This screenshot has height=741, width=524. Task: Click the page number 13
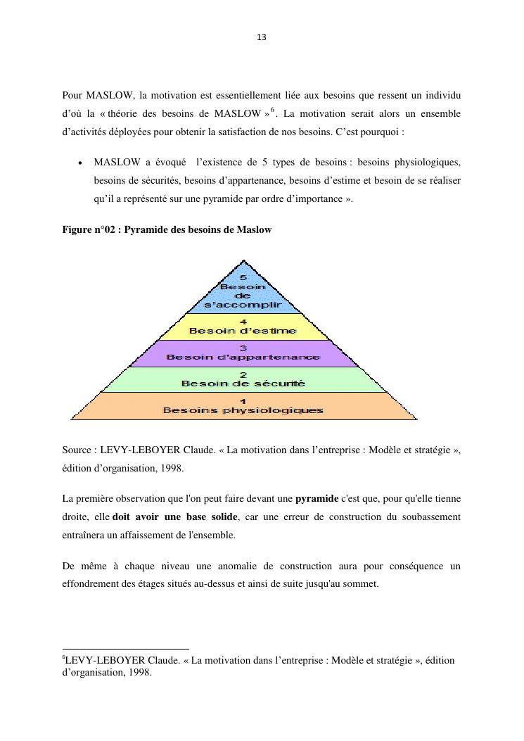click(x=262, y=37)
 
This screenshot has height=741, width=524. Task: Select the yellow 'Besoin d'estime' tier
click(x=243, y=327)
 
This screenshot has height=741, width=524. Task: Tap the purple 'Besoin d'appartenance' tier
click(x=243, y=353)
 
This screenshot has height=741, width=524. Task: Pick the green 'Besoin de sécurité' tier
click(x=243, y=379)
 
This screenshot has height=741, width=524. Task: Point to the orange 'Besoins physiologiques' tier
click(x=243, y=406)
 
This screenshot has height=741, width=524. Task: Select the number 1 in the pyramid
click(x=243, y=401)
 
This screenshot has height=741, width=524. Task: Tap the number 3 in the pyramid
click(x=243, y=348)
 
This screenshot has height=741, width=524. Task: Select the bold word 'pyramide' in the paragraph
click(x=317, y=499)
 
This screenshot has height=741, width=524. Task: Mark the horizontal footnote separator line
click(x=126, y=649)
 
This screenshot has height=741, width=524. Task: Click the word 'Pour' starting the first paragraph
click(x=72, y=95)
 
